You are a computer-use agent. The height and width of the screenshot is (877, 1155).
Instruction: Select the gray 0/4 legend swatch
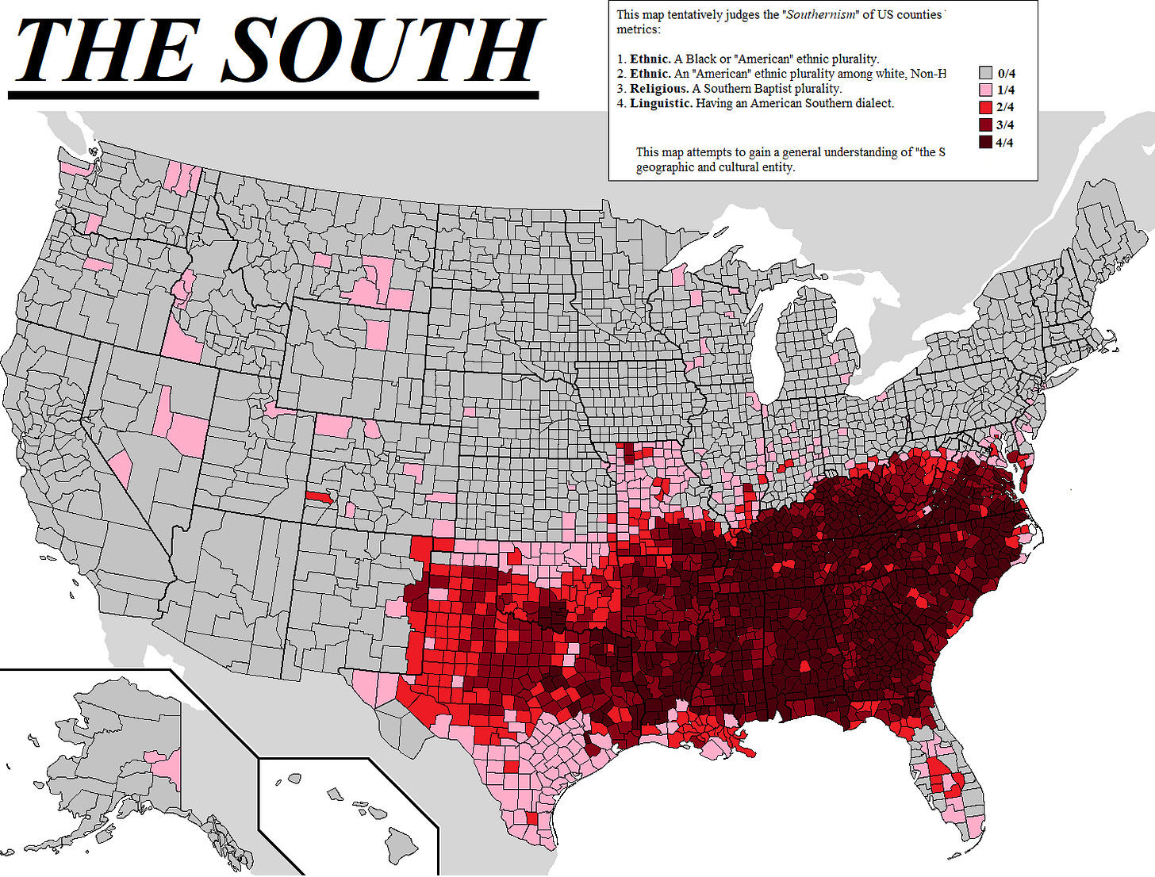[x=985, y=73]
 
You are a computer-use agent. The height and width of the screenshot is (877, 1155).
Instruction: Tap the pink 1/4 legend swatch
[x=985, y=90]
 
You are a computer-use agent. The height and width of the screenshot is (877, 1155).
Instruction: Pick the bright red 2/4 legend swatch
[x=985, y=107]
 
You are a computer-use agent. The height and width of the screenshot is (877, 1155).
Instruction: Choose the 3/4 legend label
[x=1005, y=125]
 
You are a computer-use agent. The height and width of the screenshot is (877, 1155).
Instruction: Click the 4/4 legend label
[x=1005, y=143]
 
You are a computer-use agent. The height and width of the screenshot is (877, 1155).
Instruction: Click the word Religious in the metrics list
[x=659, y=89]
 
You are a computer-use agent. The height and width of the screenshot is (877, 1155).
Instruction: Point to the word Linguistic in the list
[x=661, y=103]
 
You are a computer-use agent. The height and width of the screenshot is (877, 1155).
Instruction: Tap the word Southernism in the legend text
[x=822, y=15]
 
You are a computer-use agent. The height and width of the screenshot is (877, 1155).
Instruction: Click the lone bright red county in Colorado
[x=319, y=497]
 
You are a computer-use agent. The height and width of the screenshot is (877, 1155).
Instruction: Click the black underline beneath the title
[x=274, y=94]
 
